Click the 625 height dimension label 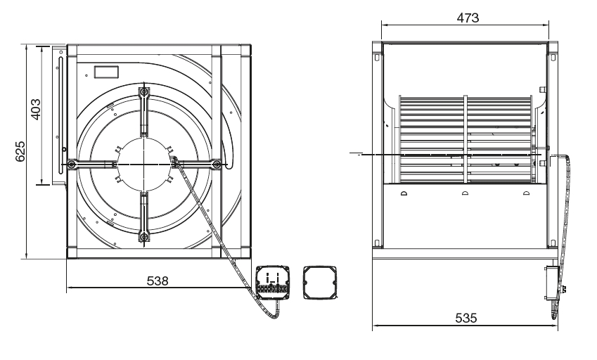[x=20, y=151]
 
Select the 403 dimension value [x=35, y=110]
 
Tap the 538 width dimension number [x=158, y=281]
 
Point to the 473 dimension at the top [x=468, y=18]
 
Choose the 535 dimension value [x=466, y=318]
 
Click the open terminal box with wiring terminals [x=273, y=283]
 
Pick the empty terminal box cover [x=321, y=283]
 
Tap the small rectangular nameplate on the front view [x=106, y=72]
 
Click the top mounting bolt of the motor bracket [x=144, y=92]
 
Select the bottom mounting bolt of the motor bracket [x=144, y=237]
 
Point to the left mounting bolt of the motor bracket [x=72, y=165]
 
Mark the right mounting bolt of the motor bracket [x=217, y=165]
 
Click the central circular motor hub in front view [x=144, y=164]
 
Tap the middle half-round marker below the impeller [x=465, y=193]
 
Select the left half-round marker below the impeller [x=404, y=193]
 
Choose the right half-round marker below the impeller [x=526, y=193]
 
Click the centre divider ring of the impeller [x=466, y=139]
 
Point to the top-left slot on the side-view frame [x=376, y=58]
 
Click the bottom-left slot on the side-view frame [x=376, y=243]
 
